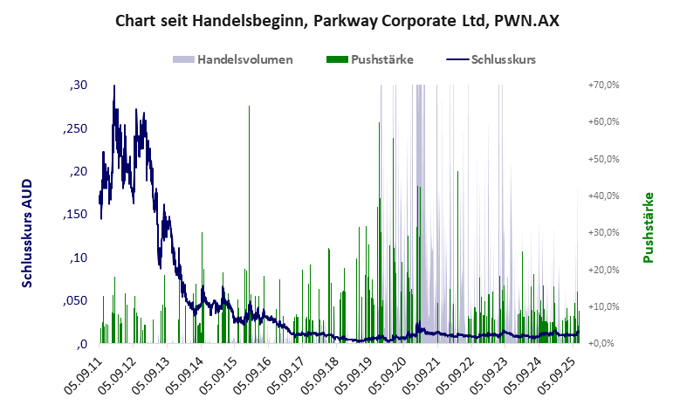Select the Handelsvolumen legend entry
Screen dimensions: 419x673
(x=244, y=60)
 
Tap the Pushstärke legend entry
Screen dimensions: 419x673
(x=381, y=60)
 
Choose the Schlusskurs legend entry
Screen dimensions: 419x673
(x=503, y=60)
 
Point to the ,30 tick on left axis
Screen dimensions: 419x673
(x=78, y=86)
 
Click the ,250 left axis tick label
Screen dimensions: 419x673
(x=75, y=128)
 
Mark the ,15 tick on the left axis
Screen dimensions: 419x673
(x=75, y=215)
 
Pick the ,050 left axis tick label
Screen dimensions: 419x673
(x=75, y=300)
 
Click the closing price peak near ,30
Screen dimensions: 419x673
(x=114, y=86)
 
